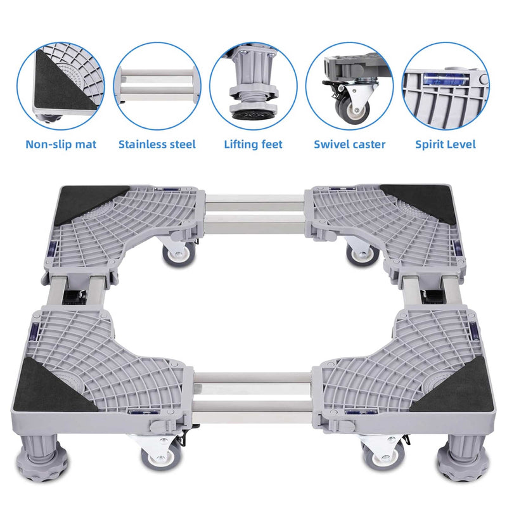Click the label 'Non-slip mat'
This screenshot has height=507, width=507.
(x=61, y=144)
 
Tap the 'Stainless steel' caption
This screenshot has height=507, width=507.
(x=157, y=144)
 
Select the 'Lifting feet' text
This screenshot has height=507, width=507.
(x=253, y=144)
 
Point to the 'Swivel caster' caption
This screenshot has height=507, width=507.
(x=349, y=144)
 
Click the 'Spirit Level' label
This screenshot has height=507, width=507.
(x=446, y=144)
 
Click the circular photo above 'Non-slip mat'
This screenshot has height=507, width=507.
(x=61, y=86)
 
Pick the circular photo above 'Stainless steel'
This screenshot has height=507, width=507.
(x=157, y=86)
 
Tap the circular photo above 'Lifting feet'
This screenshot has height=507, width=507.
(x=253, y=86)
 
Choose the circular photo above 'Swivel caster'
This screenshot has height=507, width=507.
(x=349, y=86)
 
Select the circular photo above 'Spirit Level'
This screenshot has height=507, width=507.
(x=446, y=86)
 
